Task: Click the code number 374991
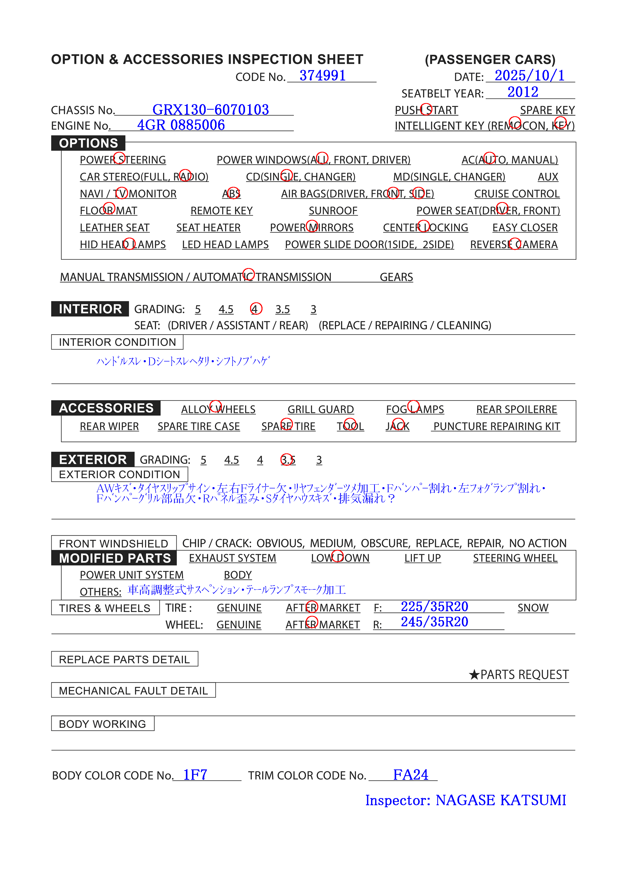coord(322,75)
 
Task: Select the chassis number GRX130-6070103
coord(210,110)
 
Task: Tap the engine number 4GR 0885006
coord(181,125)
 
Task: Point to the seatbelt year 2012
coord(522,92)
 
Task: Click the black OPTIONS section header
coord(89,143)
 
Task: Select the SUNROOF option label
coord(333,211)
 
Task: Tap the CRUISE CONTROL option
coord(517,194)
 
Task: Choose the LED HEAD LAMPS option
coord(225,244)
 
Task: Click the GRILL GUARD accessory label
coord(320,409)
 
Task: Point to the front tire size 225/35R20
coord(434,606)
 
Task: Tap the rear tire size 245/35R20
coord(434,622)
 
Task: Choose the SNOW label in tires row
coord(532,608)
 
